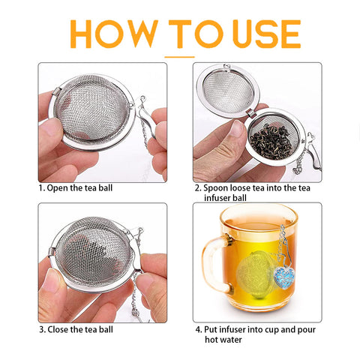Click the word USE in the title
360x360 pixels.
pos(256,34)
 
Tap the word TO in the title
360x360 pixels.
pos(188,34)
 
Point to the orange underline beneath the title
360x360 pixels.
pos(179,55)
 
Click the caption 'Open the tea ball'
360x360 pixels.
pos(79,187)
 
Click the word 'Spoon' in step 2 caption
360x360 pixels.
pos(219,187)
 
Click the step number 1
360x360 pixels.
pos(41,187)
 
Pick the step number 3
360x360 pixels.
pos(41,328)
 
